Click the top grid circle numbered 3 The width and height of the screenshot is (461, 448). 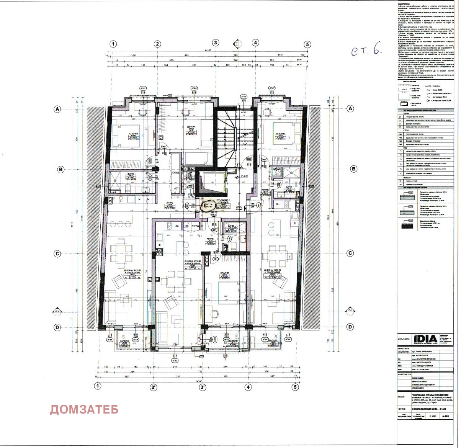point(216,43)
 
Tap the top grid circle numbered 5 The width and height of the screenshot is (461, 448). point(306,44)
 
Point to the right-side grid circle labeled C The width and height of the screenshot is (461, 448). point(350,253)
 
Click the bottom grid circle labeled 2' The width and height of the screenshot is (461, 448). point(154,387)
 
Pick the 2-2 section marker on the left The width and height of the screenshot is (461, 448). point(57,311)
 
